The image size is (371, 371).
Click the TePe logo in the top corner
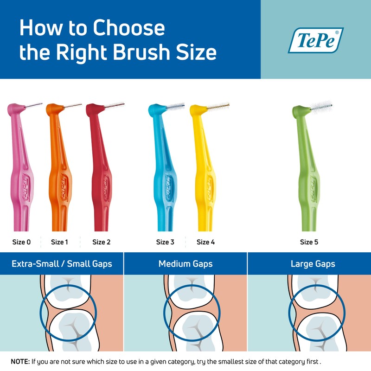(315, 40)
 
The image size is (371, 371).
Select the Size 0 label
(21, 242)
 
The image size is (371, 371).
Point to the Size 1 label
(59, 242)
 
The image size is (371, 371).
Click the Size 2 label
(101, 242)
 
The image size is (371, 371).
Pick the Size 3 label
(165, 242)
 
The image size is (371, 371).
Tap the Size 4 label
(205, 242)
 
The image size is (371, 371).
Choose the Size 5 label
(309, 242)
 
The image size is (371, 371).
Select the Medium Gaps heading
(185, 264)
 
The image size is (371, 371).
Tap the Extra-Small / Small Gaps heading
(62, 264)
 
